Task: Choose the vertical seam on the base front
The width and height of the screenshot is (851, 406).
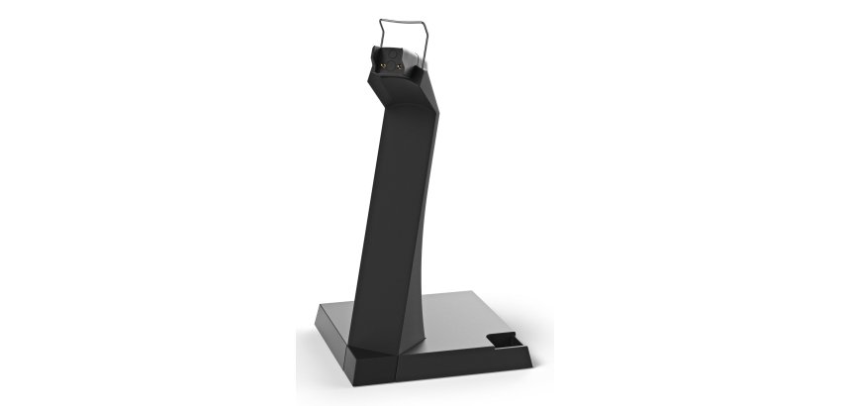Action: [399, 365]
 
